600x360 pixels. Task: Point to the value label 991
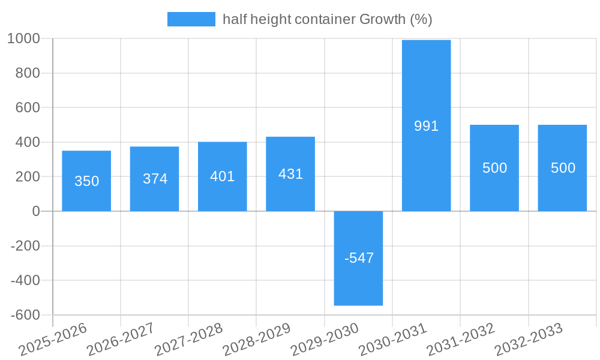[x=426, y=126]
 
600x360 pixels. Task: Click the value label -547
[x=359, y=258]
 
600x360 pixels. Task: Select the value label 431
[x=290, y=174]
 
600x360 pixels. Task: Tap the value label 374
[x=155, y=179]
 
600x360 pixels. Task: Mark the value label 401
[x=223, y=176]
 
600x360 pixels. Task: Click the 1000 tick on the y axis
[x=23, y=39]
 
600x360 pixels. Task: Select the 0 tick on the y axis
[x=36, y=211]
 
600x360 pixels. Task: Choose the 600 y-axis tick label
[x=28, y=108]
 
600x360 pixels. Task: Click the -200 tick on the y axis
[x=26, y=246]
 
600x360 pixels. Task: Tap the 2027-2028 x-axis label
[x=188, y=340]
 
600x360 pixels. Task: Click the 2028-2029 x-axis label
[x=257, y=340]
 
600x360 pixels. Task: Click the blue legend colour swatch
[x=191, y=19]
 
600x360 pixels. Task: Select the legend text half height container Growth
[x=327, y=19]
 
